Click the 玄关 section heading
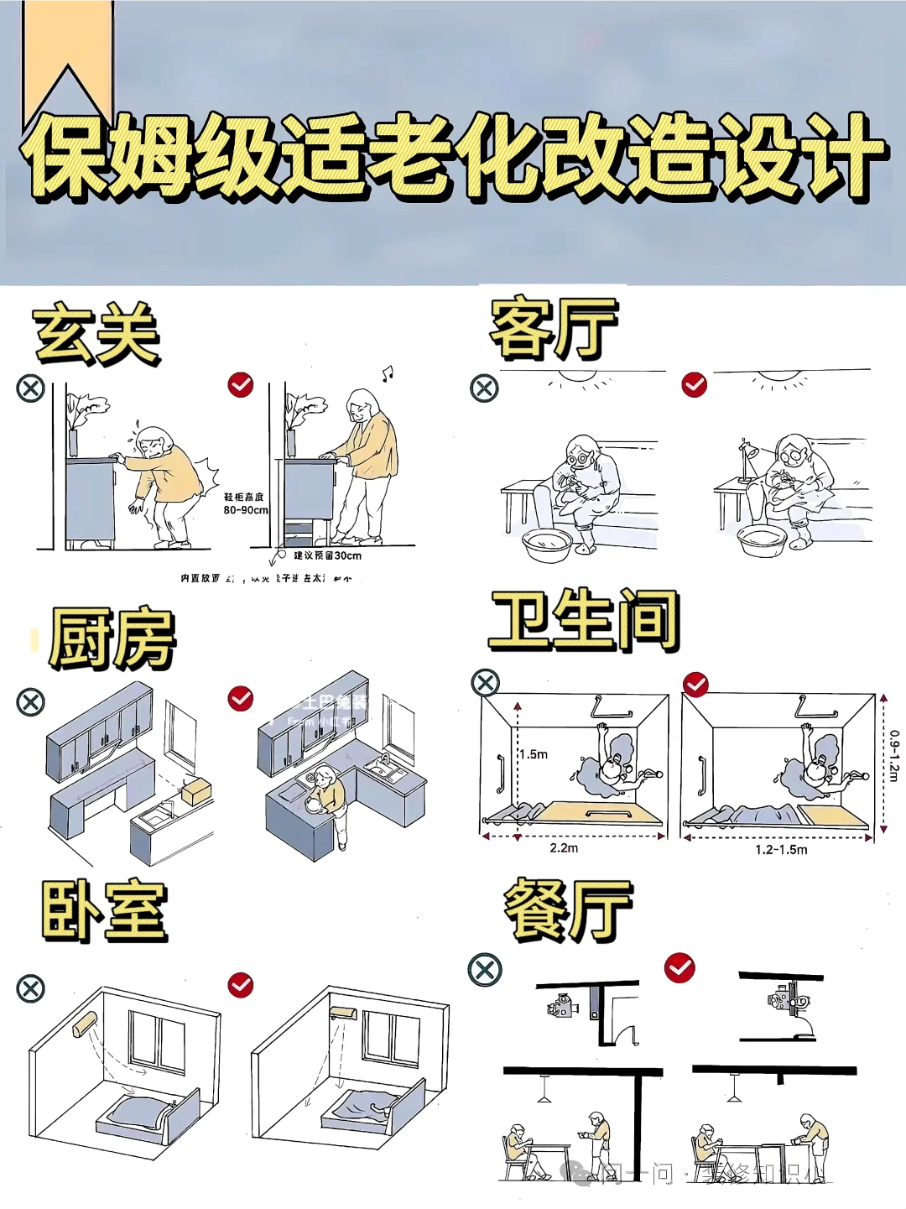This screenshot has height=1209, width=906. point(96,335)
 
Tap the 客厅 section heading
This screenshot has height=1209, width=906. point(554,328)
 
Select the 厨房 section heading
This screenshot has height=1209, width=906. point(112,638)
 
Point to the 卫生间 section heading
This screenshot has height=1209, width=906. point(584,621)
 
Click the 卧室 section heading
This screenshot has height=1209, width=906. point(104,911)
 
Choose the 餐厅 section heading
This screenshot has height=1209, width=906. point(567,910)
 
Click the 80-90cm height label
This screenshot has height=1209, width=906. point(245,509)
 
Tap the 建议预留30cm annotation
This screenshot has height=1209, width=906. point(327,555)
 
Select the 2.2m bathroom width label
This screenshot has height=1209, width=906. point(564,848)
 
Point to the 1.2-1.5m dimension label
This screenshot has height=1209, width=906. point(781,850)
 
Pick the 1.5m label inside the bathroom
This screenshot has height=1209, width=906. point(533,754)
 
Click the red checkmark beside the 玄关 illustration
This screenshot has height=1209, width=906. point(241,384)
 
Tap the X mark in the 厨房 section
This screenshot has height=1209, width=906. point(31,701)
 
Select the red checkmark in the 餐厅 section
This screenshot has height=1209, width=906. point(679,968)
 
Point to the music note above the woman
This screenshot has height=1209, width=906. point(387,373)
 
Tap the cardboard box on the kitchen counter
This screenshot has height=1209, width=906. point(197,791)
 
